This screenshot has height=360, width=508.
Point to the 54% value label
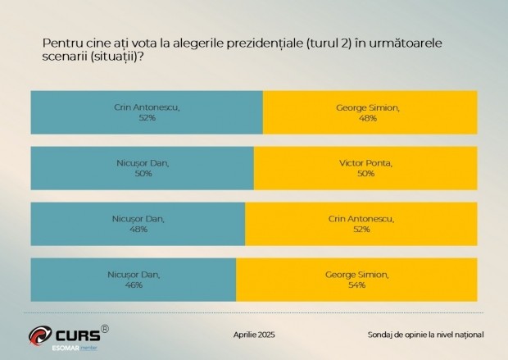pos(356,285)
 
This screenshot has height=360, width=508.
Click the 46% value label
pos(134,285)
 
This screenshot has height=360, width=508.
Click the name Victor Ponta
pos(365,163)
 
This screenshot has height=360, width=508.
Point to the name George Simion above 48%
pos(367,107)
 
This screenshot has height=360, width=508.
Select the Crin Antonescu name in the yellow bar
pos(361,219)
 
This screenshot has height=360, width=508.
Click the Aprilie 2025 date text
pos(255,335)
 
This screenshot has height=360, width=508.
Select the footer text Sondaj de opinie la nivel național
pos(425,335)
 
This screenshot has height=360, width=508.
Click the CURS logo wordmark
pos(78,335)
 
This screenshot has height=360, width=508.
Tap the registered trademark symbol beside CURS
pos(105,328)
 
